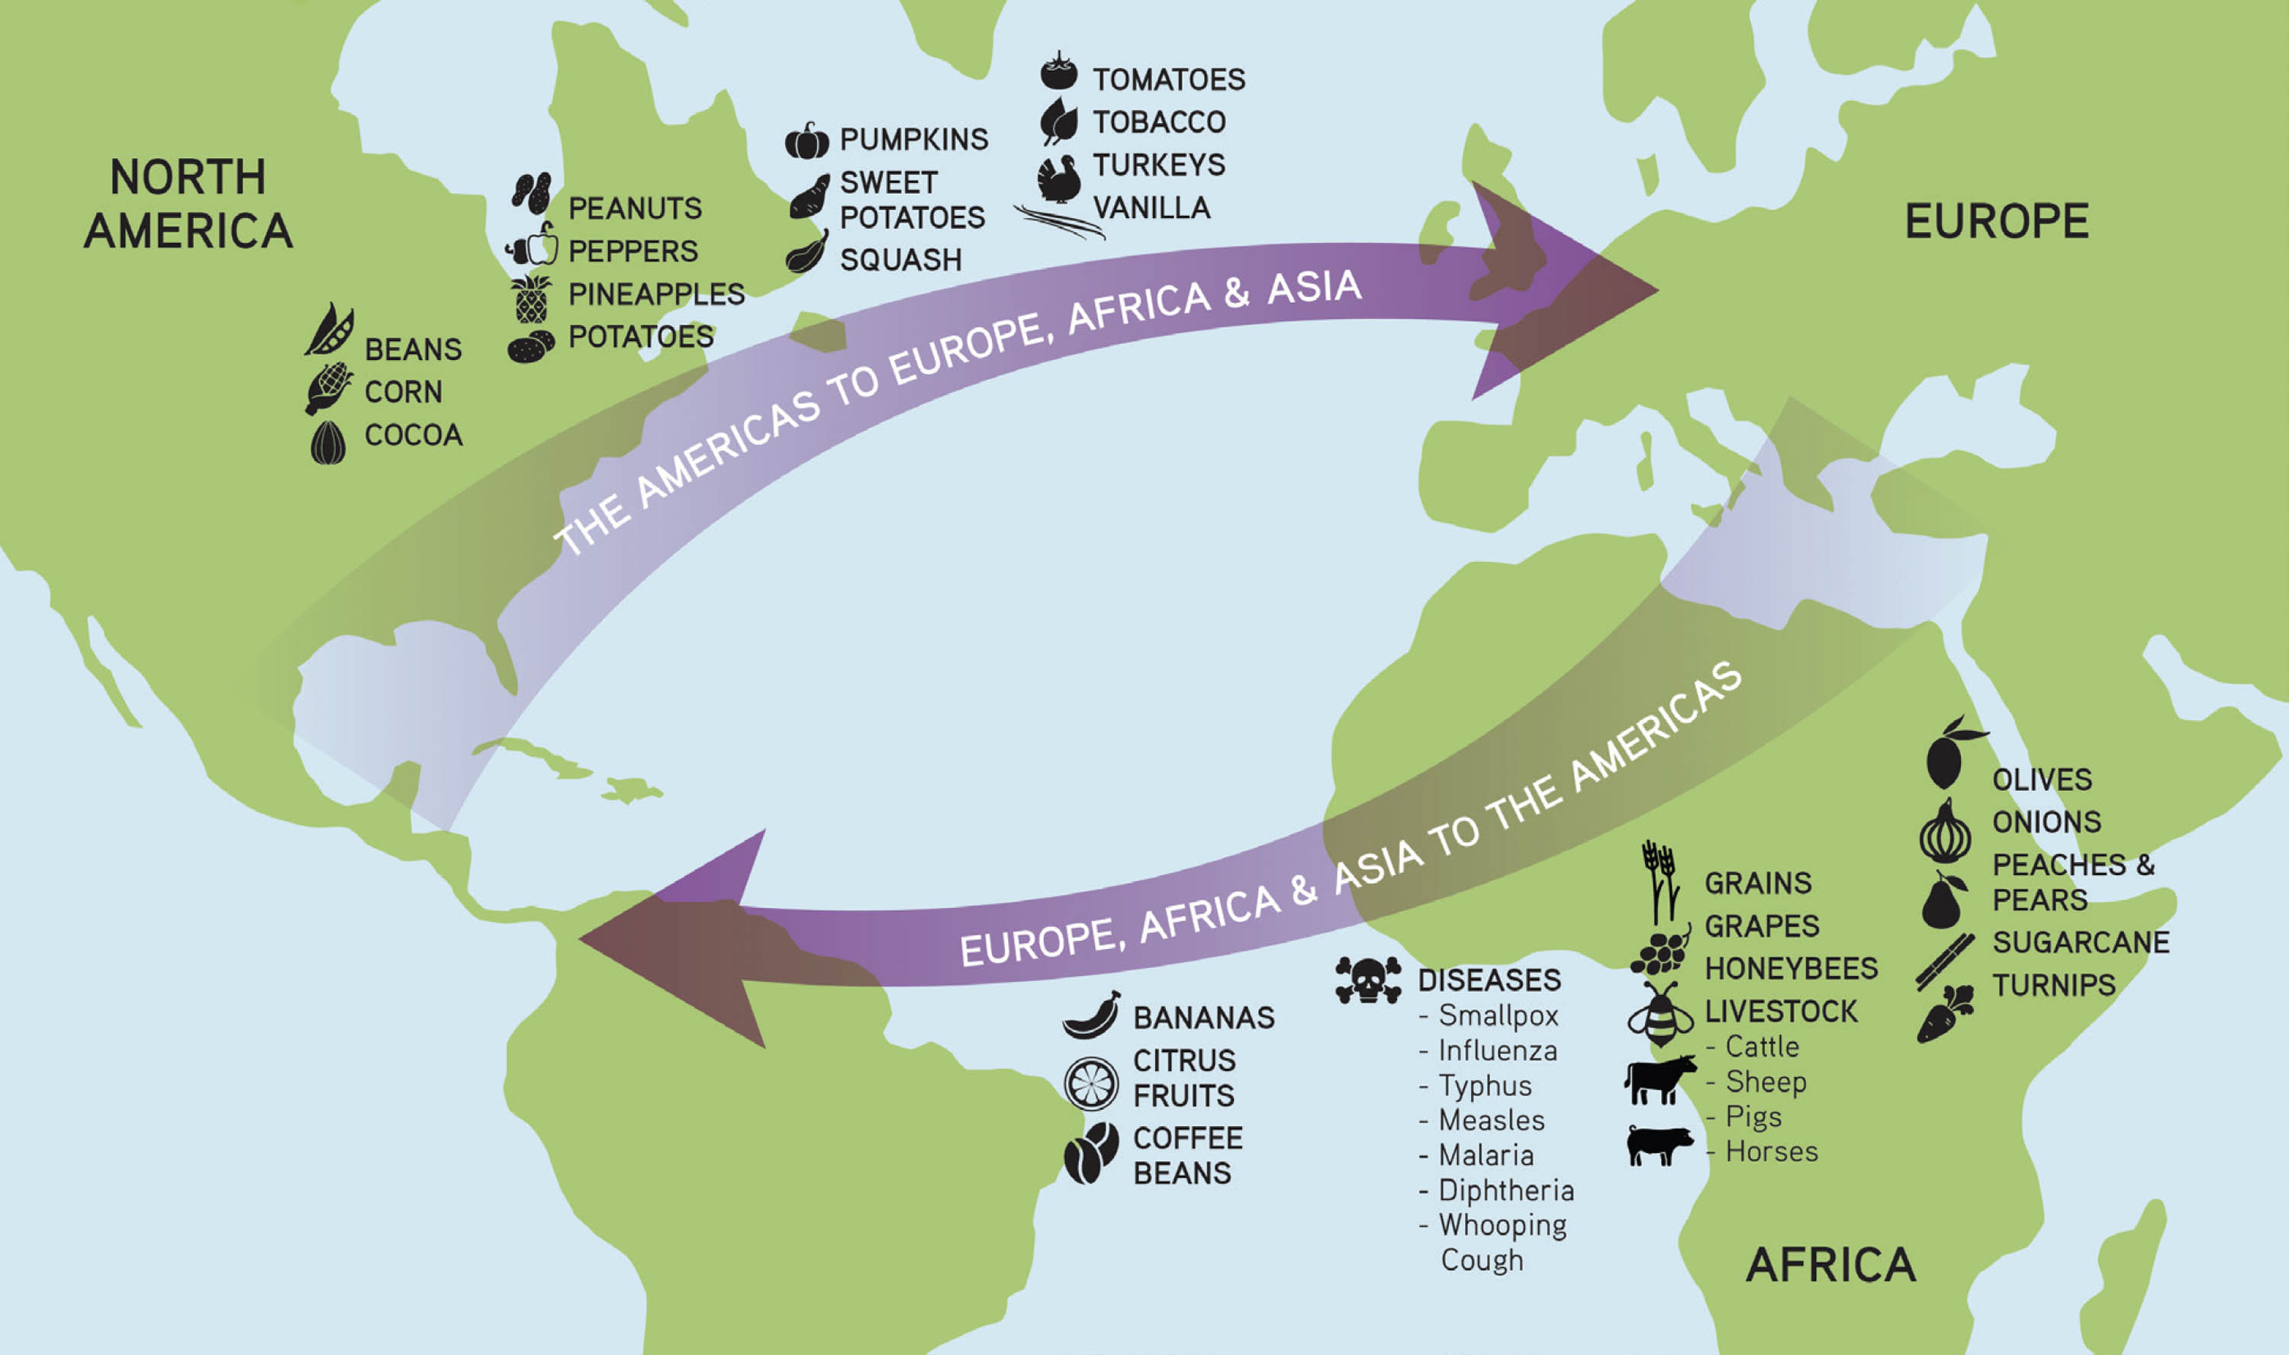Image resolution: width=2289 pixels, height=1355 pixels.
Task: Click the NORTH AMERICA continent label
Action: point(188,204)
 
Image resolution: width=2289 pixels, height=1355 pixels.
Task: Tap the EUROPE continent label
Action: point(1996,221)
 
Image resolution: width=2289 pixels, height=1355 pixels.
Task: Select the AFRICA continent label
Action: point(1830,1265)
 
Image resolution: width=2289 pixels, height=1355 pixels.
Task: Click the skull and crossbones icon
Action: point(1368,980)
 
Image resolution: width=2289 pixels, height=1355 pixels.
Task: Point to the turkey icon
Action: point(1059,178)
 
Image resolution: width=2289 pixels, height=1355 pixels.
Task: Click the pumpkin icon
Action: point(807,140)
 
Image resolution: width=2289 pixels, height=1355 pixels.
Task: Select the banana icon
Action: point(1091,1015)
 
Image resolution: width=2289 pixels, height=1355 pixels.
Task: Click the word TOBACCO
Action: point(1159,121)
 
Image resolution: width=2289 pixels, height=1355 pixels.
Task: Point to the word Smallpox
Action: point(1499,1015)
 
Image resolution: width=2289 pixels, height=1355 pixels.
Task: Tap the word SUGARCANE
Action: point(2080,941)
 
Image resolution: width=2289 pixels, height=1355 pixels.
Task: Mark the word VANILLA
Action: point(1151,208)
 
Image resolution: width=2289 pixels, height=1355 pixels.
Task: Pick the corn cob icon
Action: point(329,388)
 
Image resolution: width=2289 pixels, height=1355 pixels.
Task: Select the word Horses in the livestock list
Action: point(1771,1151)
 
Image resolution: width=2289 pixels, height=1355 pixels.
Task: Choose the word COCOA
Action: point(414,435)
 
